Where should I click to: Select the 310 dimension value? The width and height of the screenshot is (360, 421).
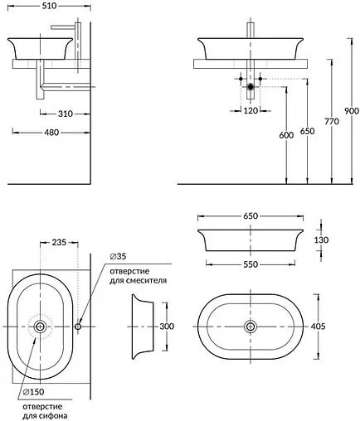(57, 114)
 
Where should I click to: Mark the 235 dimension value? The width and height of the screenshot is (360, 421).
(59, 243)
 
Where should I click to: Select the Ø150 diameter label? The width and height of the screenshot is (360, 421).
(33, 390)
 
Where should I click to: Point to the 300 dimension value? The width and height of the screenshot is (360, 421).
(167, 327)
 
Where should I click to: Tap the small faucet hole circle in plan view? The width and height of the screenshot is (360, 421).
(78, 327)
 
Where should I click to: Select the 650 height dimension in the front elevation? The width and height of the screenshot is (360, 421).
(307, 130)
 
